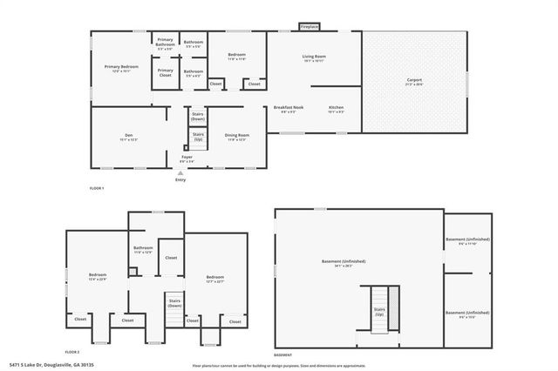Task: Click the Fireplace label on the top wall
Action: pos(309,27)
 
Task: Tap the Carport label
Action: pos(413,81)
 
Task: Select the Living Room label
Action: pos(314,58)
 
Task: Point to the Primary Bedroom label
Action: pos(122,68)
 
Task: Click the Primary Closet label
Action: pos(166,72)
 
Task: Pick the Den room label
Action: pos(128,137)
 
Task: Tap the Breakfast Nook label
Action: pos(288,109)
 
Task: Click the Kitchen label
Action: pos(336,109)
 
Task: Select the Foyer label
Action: pos(187,159)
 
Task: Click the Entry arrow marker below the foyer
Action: pos(180,173)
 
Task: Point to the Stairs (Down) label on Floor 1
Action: pos(198,116)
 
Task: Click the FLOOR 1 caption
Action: pos(97,188)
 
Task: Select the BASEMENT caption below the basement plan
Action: pos(283,355)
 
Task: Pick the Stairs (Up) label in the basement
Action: pos(379,311)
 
